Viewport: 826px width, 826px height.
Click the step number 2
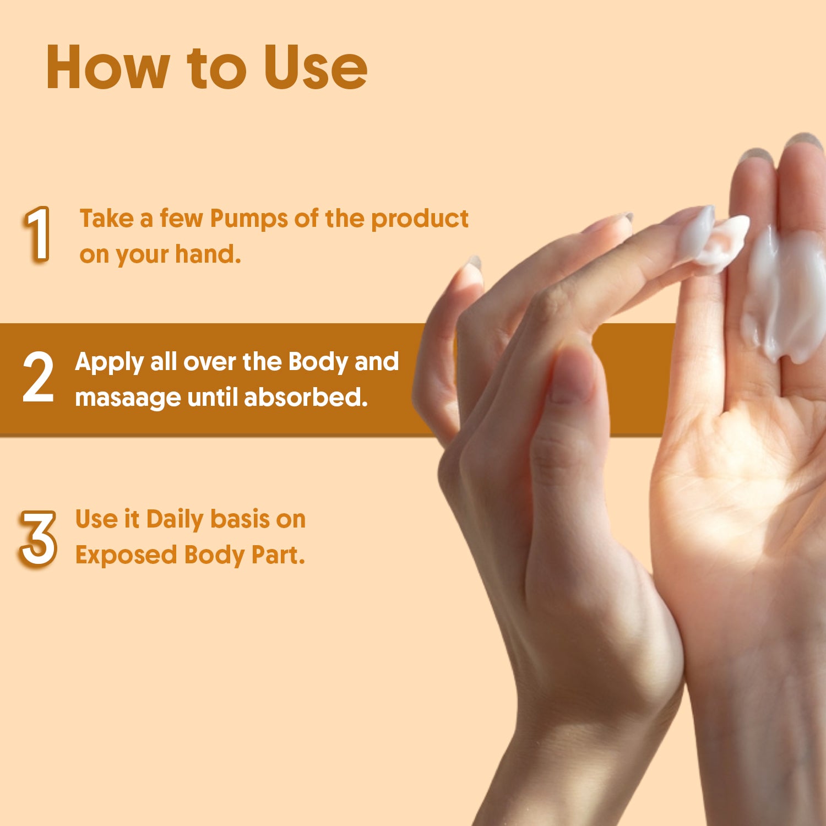pyautogui.click(x=38, y=377)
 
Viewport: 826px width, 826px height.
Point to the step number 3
pyautogui.click(x=38, y=538)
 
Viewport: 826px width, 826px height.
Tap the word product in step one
pyautogui.click(x=420, y=219)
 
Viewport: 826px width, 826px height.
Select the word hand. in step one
pyautogui.click(x=208, y=254)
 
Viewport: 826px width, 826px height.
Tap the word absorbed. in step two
pyautogui.click(x=306, y=397)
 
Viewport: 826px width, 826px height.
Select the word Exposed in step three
pyautogui.click(x=127, y=556)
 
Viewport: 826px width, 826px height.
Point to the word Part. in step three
pyautogui.click(x=278, y=555)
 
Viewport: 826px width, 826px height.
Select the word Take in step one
pyautogui.click(x=107, y=219)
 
